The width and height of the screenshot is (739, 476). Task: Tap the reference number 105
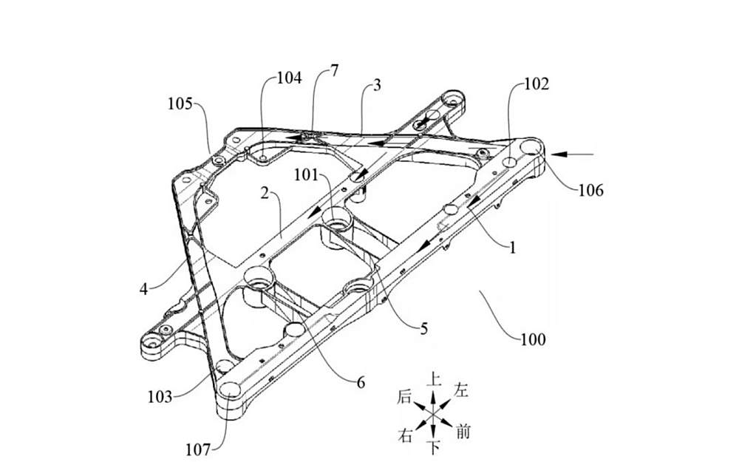tap(180, 103)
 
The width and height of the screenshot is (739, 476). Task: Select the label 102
tap(537, 84)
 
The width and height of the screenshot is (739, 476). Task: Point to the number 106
tap(591, 191)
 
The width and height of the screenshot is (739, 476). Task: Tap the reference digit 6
tap(361, 383)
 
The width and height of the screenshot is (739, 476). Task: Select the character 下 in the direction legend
tap(435, 447)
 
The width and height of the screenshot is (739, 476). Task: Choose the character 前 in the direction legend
tap(463, 432)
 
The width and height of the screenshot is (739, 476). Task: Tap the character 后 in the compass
tap(404, 396)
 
